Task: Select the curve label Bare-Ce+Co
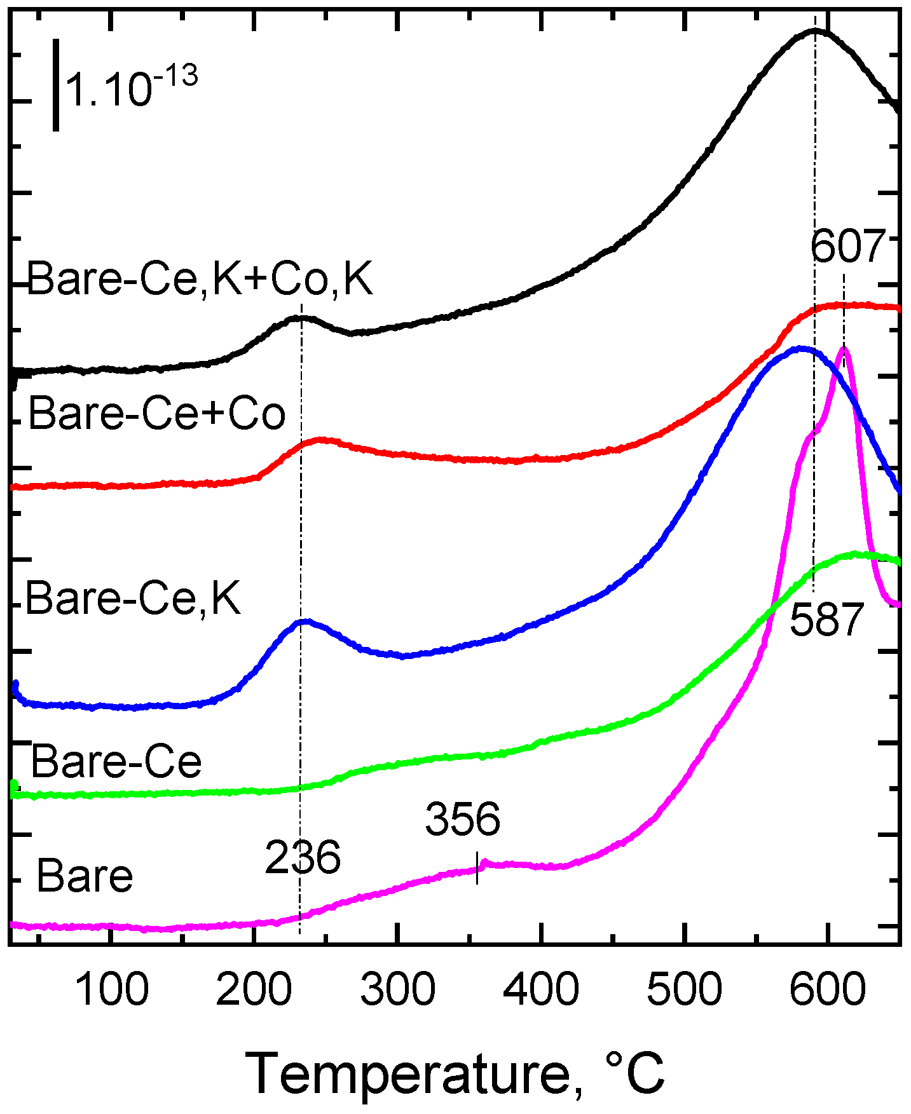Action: (157, 414)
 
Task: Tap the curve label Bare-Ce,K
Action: (134, 599)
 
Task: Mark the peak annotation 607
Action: (848, 247)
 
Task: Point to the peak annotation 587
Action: (827, 620)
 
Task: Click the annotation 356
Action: (463, 819)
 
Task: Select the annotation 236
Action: (303, 858)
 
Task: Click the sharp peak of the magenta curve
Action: (844, 348)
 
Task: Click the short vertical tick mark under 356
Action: (477, 867)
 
